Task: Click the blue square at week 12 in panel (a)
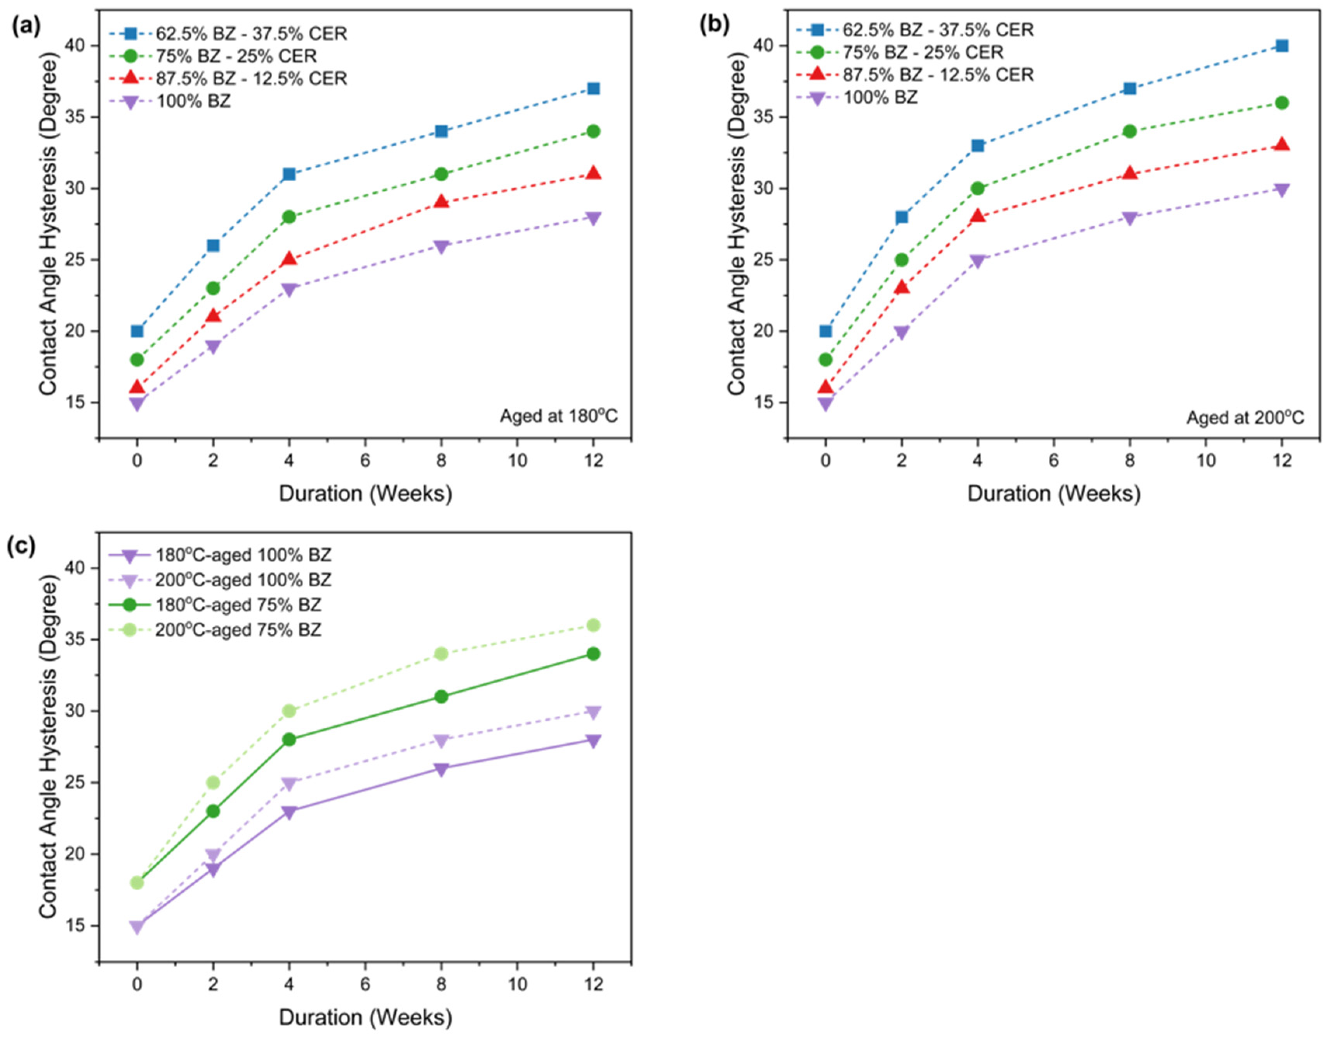[x=593, y=89]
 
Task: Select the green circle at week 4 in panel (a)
[x=289, y=217]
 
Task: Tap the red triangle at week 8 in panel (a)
[x=442, y=202]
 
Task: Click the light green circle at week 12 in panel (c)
[x=593, y=625]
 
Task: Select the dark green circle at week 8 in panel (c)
[x=442, y=697]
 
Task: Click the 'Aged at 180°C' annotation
[x=558, y=416]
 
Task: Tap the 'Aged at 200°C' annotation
[x=1245, y=418]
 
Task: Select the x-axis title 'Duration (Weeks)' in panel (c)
[x=365, y=1018]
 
